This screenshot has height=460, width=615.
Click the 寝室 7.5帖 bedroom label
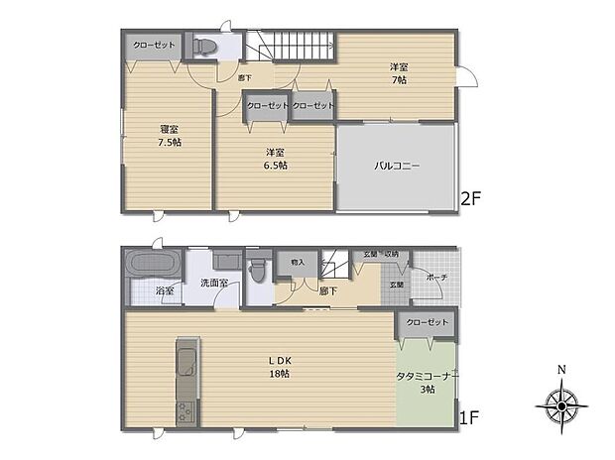[x=170, y=136]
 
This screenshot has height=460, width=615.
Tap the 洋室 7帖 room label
[x=398, y=73]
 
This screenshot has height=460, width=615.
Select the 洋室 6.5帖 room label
[x=276, y=159]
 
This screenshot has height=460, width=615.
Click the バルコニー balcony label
[x=397, y=167]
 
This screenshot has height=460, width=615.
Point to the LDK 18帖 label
[x=279, y=367]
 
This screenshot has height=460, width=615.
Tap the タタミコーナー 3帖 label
[x=427, y=382]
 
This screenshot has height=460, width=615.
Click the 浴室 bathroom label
[x=165, y=291]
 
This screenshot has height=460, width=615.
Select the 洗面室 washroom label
[x=214, y=284]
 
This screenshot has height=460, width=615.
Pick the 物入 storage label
[x=298, y=262]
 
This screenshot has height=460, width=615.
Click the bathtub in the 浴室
[x=152, y=266]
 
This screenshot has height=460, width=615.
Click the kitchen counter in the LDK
[x=187, y=382]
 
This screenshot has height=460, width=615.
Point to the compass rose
[x=561, y=405]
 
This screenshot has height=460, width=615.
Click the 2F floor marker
[x=470, y=198]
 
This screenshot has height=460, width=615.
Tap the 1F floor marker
[x=470, y=418]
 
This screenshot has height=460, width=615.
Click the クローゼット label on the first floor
[x=427, y=323]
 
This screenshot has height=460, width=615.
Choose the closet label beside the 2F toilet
[x=151, y=46]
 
